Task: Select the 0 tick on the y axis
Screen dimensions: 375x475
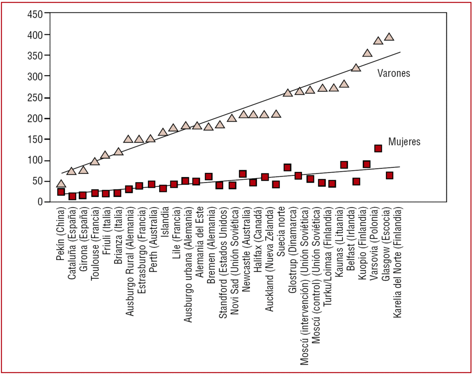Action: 41,202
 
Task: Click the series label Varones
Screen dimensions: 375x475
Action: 393,73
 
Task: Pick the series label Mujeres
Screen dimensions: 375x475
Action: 404,142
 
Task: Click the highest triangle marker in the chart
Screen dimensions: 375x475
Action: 389,37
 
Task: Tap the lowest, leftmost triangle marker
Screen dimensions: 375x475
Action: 61,184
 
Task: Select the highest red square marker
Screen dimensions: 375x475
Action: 378,148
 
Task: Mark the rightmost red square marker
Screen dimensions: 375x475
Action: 390,175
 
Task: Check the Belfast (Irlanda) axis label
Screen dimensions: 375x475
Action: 351,241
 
